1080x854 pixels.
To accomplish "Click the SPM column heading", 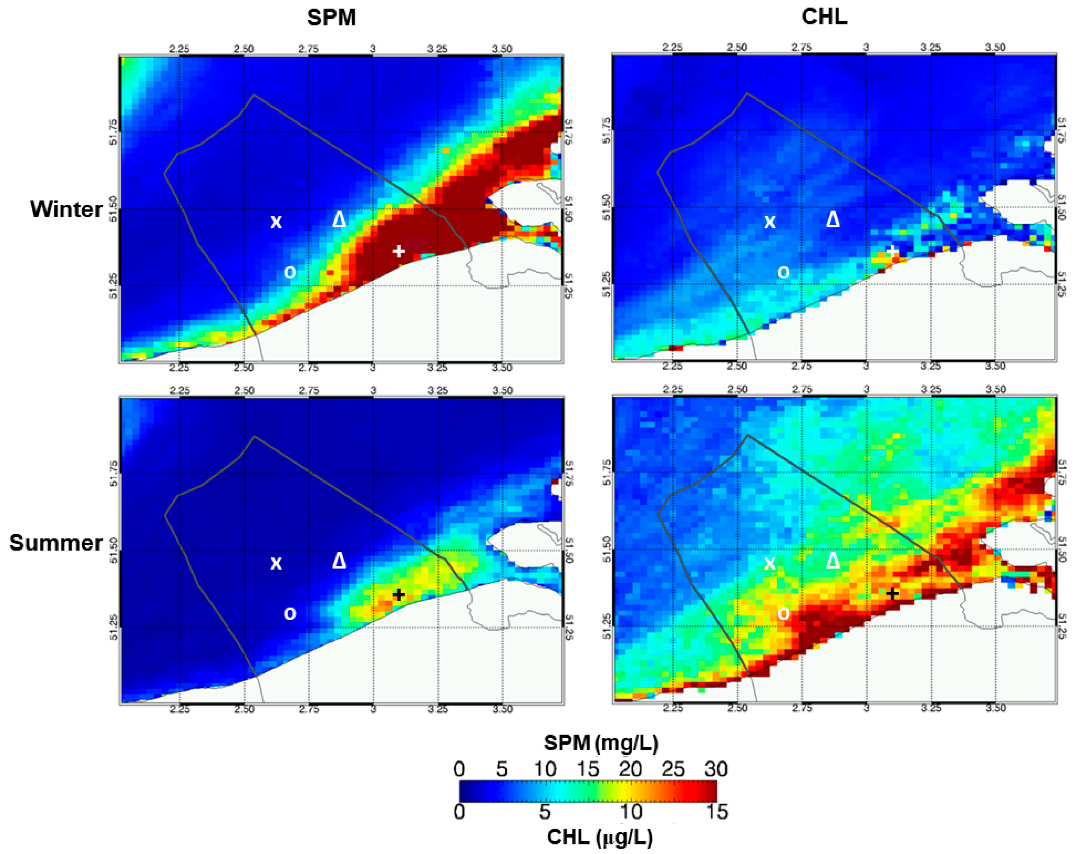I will (331, 18).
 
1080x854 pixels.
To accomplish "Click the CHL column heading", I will (824, 17).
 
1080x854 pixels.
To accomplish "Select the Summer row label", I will (56, 543).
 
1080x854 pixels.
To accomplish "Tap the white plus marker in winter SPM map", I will (398, 251).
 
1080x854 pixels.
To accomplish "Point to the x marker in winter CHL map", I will (769, 221).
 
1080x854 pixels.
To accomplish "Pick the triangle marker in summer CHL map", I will (833, 561).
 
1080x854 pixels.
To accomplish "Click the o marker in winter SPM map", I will (290, 272).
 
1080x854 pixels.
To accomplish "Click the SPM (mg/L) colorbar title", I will (601, 744).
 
